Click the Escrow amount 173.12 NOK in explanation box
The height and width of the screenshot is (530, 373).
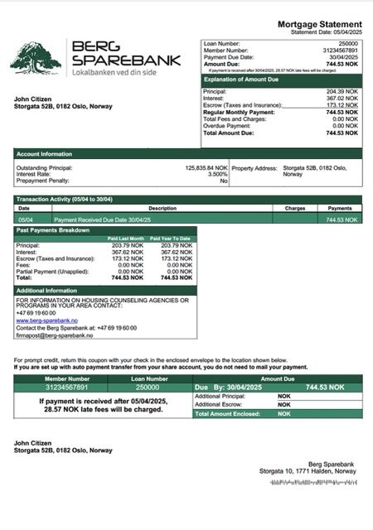(342, 105)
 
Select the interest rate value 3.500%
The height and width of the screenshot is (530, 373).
(216, 174)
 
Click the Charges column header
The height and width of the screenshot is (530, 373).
(295, 209)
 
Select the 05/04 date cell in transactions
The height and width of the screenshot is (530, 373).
(26, 219)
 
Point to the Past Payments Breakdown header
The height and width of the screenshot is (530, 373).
(55, 229)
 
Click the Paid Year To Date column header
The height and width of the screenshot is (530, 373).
(171, 239)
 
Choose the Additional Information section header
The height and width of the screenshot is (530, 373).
(47, 291)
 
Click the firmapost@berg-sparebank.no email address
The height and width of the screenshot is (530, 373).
(54, 335)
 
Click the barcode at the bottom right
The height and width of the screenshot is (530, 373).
(318, 480)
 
